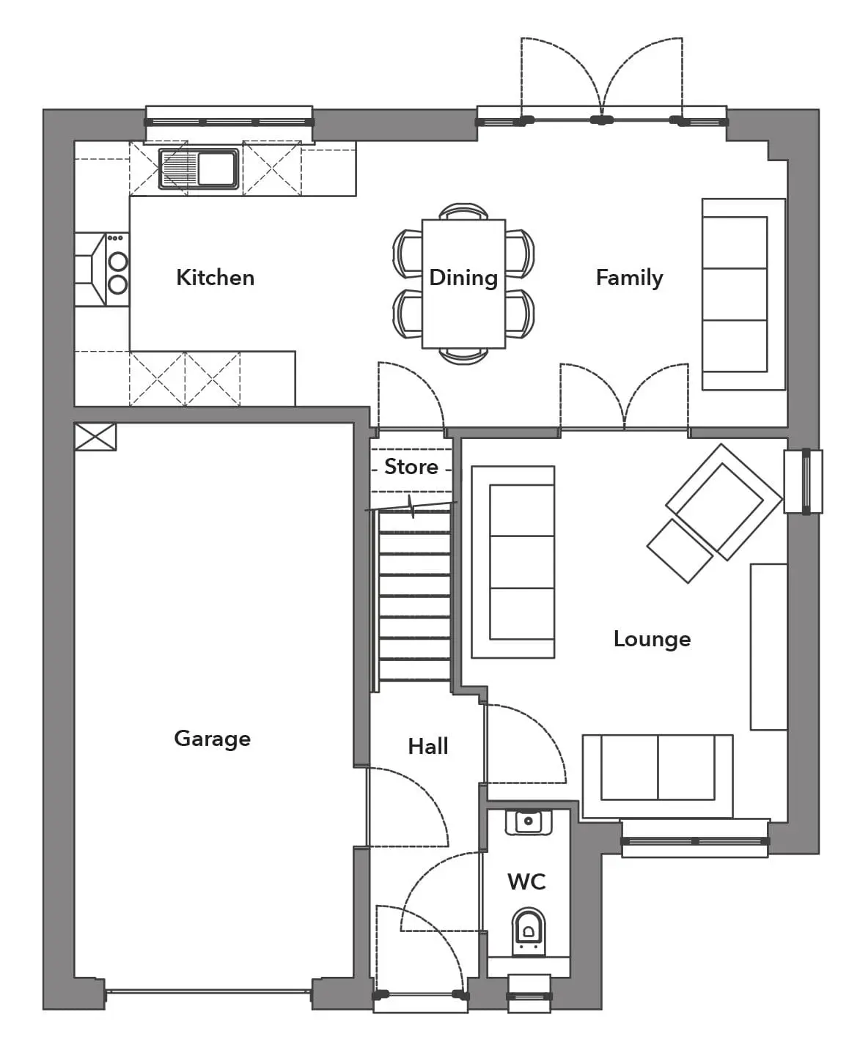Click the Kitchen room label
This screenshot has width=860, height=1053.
tap(216, 278)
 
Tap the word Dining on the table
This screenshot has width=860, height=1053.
tap(463, 278)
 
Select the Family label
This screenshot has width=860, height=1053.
tap(630, 278)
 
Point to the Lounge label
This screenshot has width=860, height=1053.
tap(652, 640)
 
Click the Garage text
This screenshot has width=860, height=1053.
tap(213, 739)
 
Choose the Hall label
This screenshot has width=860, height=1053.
tap(427, 747)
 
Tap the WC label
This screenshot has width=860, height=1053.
tap(526, 882)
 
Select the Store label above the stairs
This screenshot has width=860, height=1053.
tap(411, 467)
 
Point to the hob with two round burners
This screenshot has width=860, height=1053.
tap(117, 270)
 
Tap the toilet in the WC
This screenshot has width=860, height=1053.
tap(528, 932)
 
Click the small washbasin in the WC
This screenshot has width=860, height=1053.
tap(528, 822)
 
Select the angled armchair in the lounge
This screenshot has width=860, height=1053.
tap(723, 502)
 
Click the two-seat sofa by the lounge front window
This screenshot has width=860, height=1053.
tap(658, 776)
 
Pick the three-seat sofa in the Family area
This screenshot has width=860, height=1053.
tap(743, 294)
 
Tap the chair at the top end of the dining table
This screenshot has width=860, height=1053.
tap(464, 211)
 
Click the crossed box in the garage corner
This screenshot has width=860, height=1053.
tap(95, 437)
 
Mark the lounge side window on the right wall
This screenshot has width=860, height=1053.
tap(804, 481)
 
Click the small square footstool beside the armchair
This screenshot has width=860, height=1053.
tap(680, 551)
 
